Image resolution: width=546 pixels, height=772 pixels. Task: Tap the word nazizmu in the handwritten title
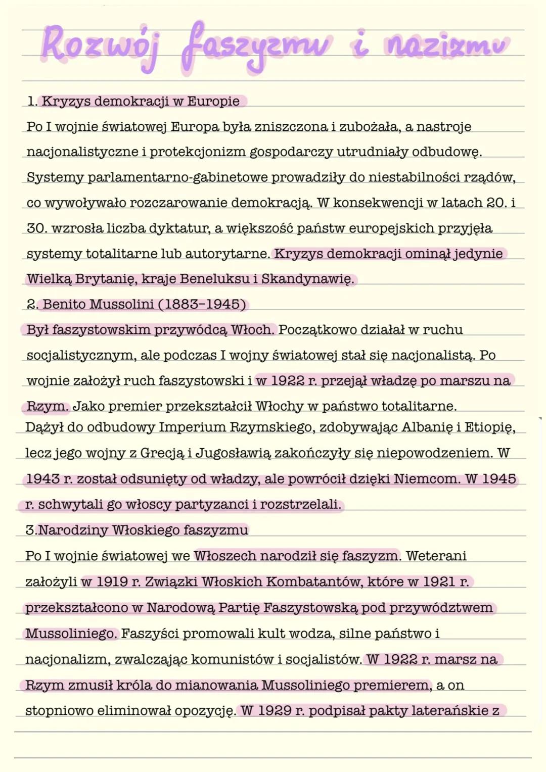click(447, 45)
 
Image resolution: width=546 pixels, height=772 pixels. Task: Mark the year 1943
click(42, 478)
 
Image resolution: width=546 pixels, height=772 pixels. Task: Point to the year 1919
click(111, 582)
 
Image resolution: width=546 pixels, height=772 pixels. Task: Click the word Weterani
click(436, 556)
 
